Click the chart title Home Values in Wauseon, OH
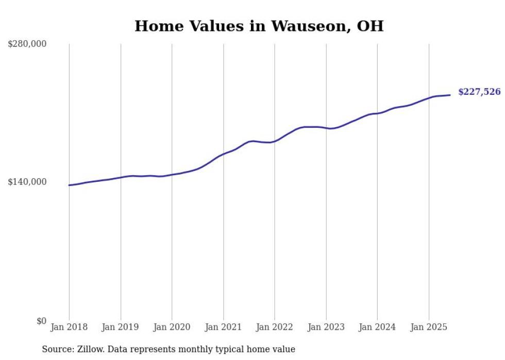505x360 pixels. coord(259,26)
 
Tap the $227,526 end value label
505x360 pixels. coord(479,92)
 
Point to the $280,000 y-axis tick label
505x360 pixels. coord(27,44)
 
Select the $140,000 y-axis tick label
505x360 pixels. coord(27,182)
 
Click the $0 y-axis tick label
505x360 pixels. coord(41,321)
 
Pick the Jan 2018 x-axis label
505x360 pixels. coord(69,327)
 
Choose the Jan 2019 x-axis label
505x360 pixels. coord(121,327)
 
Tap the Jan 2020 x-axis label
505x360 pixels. coord(172,327)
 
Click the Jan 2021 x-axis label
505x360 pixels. coord(223,327)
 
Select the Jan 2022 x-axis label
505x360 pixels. coord(274,327)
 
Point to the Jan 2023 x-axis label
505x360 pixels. coord(326,327)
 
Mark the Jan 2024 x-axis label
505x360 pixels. coord(377,327)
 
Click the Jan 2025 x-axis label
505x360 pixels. coord(428,327)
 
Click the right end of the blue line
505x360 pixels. coord(450,95)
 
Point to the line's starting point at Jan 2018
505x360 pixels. coord(69,185)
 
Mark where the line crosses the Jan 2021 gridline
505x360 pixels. coord(223,153)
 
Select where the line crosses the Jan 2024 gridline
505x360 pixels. coord(377,113)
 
